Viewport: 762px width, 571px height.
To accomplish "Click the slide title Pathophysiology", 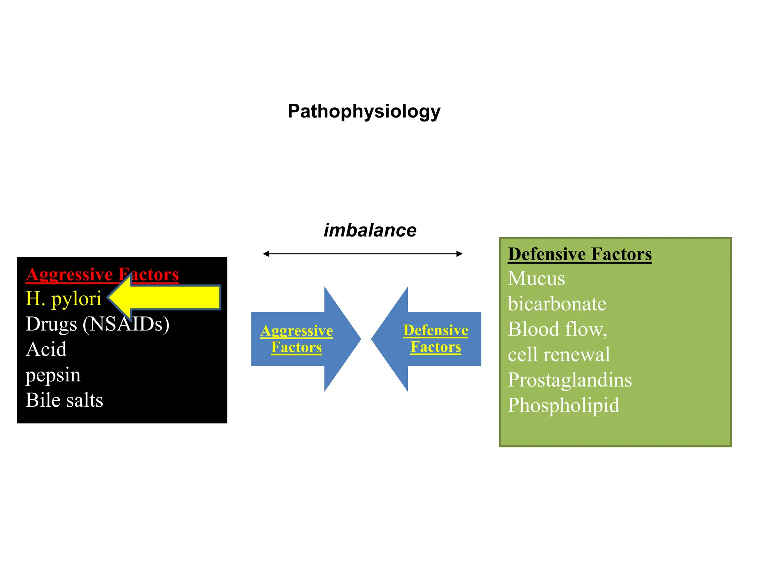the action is [364, 112].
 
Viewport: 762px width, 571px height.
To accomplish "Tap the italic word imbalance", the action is [370, 230].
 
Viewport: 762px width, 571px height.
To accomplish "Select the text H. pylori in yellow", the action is [63, 299].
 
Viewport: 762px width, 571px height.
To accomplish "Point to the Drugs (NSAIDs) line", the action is [97, 324].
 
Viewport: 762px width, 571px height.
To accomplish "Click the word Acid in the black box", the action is [46, 349].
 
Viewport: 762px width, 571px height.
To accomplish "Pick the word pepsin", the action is [53, 375].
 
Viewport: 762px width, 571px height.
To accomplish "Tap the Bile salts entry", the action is [64, 400].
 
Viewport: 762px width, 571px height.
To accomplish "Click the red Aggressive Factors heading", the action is [102, 275].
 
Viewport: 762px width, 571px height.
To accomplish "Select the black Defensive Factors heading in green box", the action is [579, 255].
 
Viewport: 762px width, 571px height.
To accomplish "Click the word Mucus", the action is [536, 278].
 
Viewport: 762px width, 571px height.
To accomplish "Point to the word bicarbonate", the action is [557, 304].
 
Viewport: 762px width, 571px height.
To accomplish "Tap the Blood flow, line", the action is [557, 329].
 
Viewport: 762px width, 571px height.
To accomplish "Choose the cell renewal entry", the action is [558, 355].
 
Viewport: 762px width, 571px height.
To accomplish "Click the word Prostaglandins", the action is [570, 380].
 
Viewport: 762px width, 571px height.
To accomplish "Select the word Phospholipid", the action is [563, 405].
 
